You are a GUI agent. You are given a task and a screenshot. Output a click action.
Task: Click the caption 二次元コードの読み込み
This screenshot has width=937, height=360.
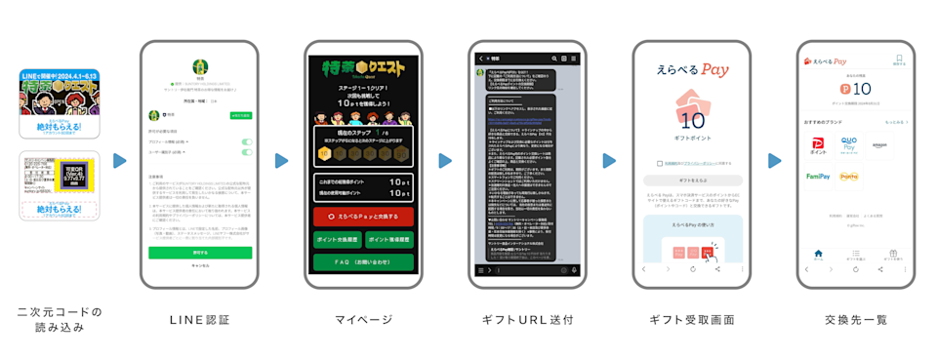[x=61, y=319]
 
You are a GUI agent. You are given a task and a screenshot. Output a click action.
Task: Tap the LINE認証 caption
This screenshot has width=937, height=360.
[x=200, y=319]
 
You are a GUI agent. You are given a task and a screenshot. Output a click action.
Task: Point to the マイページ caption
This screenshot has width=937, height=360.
[x=363, y=319]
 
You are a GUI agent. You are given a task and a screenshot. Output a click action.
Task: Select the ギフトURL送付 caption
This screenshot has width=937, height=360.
[x=527, y=319]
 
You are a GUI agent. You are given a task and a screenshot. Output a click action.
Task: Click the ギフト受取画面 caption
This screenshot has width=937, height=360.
[x=692, y=319]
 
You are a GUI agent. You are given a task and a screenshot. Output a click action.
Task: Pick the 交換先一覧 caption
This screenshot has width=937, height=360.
[x=855, y=319]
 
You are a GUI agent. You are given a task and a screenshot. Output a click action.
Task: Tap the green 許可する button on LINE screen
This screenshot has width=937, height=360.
[x=200, y=252]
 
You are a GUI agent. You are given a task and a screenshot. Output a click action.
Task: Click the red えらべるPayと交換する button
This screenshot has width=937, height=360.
[x=363, y=217]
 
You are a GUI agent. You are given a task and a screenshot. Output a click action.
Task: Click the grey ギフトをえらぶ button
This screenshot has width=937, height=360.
[x=692, y=180]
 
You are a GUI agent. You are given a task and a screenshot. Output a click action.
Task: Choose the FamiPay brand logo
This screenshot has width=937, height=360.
[x=818, y=177]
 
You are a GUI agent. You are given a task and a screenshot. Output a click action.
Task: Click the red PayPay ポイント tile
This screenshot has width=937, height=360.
[x=818, y=145]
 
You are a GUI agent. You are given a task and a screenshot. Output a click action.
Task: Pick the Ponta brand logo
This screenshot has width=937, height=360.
[x=849, y=177]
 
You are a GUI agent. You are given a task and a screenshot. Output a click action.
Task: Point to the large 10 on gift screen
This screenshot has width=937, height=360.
[x=692, y=121]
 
